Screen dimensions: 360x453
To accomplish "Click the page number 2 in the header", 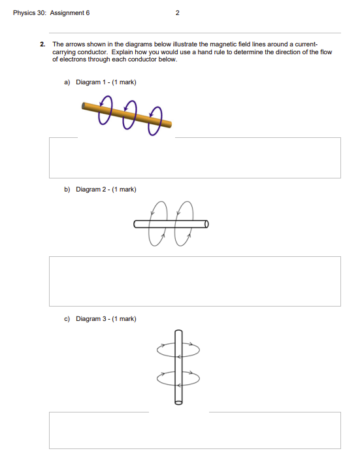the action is coord(178,12).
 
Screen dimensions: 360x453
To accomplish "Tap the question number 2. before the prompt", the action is coord(42,44).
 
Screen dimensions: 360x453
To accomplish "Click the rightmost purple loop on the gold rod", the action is coord(154,122).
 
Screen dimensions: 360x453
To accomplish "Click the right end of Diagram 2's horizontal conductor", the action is coord(206,224).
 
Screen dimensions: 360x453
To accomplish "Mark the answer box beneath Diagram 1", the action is coord(195,158).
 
